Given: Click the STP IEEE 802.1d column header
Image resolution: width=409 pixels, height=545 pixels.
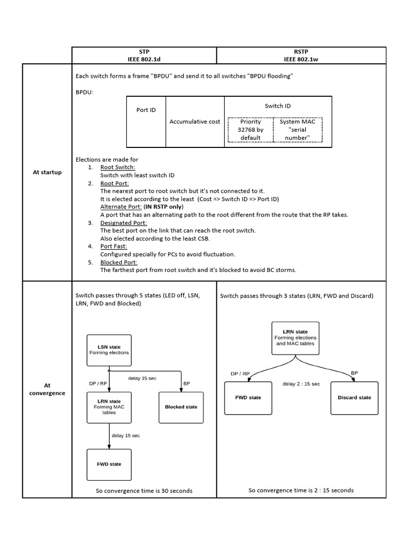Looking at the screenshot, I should pos(144,55).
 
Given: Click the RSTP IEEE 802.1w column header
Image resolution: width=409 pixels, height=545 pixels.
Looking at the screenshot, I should pos(301,55).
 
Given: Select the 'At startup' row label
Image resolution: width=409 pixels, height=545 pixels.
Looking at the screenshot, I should pos(47,172).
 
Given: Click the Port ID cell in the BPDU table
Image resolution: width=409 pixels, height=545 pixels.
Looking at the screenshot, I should pos(146,110).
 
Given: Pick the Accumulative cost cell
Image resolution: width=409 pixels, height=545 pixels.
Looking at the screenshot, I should pos(195,122).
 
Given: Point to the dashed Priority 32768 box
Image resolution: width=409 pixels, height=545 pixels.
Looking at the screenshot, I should pos(250,129).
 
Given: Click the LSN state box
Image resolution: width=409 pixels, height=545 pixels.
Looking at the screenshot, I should pos(109,350).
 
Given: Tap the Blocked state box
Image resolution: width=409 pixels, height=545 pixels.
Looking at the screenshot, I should pos(181,407).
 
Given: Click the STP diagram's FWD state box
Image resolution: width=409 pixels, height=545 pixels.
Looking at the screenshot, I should pos(109,464).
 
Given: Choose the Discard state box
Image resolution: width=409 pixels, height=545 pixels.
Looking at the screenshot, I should pos(354,398).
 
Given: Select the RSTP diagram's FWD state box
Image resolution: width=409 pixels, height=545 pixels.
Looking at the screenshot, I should pos(248,398).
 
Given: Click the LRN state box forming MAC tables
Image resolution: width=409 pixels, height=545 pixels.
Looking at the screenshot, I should pos(109,407).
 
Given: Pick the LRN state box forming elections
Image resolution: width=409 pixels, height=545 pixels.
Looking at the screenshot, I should pos(296,338).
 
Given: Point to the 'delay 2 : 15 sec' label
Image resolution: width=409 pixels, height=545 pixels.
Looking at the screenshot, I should pos(301,384).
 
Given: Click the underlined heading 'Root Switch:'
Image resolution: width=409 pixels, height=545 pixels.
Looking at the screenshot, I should pos(118,167).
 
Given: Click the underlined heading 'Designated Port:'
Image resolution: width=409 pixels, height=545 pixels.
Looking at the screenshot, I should pos(124,222).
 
